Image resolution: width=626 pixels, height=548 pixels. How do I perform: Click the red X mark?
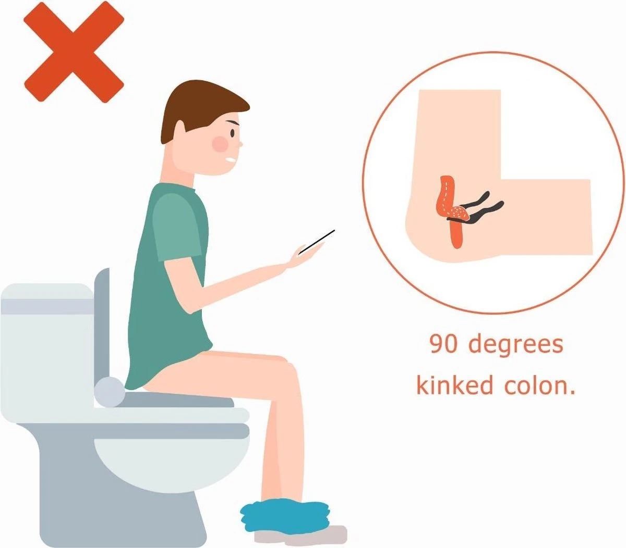(74, 52)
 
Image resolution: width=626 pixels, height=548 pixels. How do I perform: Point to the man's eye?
(233, 133)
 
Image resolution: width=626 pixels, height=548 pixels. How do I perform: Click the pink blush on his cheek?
(220, 143)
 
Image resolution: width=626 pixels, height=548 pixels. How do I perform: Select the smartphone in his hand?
(317, 242)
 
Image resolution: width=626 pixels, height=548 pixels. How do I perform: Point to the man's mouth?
(231, 160)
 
